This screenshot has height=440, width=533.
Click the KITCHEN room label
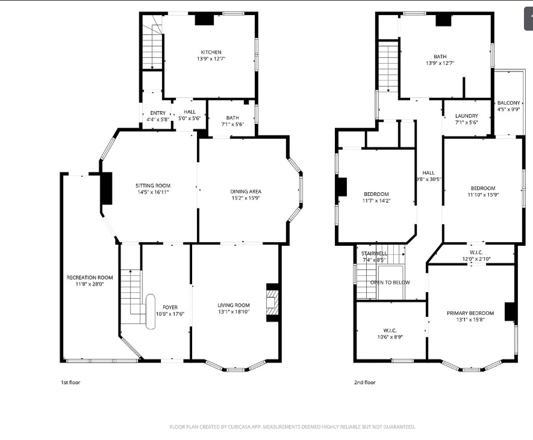pyautogui.click(x=211, y=52)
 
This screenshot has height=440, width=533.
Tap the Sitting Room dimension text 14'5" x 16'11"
pyautogui.click(x=153, y=192)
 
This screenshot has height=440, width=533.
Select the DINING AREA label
pyautogui.click(x=246, y=191)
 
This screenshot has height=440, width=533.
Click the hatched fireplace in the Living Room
pyautogui.click(x=272, y=302)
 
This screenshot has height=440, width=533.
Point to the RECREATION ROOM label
pyautogui.click(x=90, y=278)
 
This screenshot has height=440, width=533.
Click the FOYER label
pyautogui.click(x=170, y=307)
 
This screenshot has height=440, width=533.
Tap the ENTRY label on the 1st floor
pyautogui.click(x=158, y=113)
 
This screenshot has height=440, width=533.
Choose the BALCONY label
pyautogui.click(x=508, y=103)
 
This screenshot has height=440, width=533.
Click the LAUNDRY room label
pyautogui.click(x=467, y=115)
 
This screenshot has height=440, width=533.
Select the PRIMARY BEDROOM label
pyautogui.click(x=470, y=313)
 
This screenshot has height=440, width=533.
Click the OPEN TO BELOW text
pyautogui.click(x=390, y=283)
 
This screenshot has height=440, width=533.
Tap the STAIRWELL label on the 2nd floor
pyautogui.click(x=374, y=254)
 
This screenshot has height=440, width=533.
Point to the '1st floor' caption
pyautogui.click(x=70, y=382)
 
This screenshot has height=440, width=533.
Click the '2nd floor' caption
pyautogui.click(x=365, y=382)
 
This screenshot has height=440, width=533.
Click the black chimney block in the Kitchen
pyautogui.click(x=204, y=19)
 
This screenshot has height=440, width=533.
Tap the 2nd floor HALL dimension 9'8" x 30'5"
pyautogui.click(x=429, y=179)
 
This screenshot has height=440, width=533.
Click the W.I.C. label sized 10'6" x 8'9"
pyautogui.click(x=390, y=331)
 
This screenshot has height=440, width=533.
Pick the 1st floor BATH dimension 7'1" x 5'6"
pyautogui.click(x=232, y=124)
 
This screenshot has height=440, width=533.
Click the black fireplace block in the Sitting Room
pyautogui.click(x=107, y=188)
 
